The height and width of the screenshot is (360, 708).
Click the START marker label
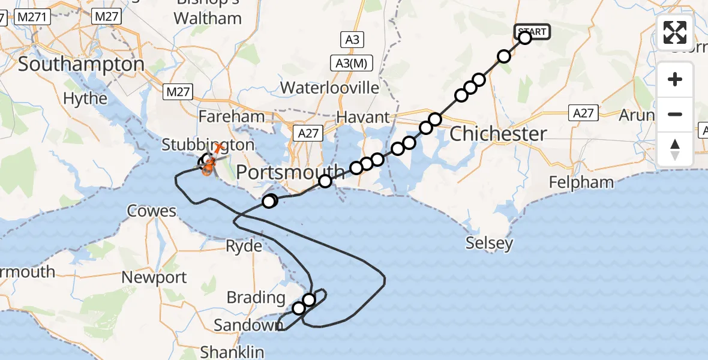coord(532,32)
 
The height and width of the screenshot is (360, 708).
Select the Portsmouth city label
coord(291,173)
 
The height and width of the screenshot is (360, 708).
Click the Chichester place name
coord(498,134)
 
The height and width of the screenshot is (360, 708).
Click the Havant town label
coord(362,117)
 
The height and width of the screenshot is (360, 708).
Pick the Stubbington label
coord(208,145)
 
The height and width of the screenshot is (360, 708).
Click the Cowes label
coord(152,211)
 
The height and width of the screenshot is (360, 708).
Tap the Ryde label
coord(244,246)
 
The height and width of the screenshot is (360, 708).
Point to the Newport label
coord(154,278)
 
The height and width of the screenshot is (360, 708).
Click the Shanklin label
coord(232,351)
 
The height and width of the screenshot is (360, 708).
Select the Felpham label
coord(581,182)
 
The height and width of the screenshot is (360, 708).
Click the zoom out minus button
coord(675,114)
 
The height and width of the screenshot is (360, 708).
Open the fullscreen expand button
coord(675,32)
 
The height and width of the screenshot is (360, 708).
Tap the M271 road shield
coord(29,18)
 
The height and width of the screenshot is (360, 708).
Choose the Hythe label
coord(85,98)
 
